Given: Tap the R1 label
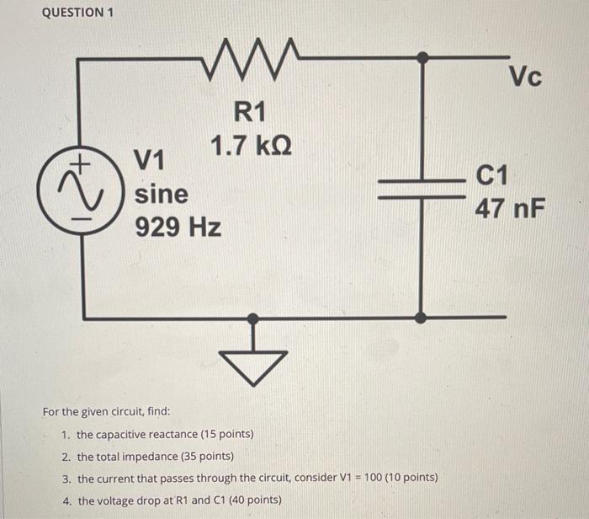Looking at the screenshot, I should (x=250, y=110).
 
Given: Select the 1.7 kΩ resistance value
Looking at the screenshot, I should (x=251, y=147).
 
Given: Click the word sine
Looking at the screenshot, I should (x=162, y=194).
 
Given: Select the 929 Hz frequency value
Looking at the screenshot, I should (x=178, y=227).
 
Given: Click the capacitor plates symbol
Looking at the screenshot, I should (x=421, y=189).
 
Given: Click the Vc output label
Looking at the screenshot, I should (x=526, y=78).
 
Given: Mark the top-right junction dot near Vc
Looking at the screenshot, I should (x=422, y=57).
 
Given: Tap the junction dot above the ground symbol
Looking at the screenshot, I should (x=252, y=318).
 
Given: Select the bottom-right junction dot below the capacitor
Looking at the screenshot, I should (x=421, y=318).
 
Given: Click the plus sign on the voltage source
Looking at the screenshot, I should (x=82, y=160).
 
